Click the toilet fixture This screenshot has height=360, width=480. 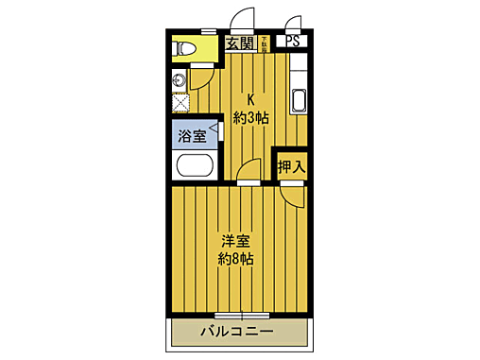click(183, 48)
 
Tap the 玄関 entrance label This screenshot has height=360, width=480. click(239, 42)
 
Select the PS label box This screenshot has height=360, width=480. click(293, 42)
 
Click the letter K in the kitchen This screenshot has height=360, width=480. click(251, 98)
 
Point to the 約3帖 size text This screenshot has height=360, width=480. click(251, 117)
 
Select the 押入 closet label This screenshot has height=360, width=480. click(291, 166)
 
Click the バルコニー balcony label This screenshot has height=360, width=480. click(237, 333)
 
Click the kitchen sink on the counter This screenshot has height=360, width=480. click(299, 100)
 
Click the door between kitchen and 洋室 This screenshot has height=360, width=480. click(248, 173)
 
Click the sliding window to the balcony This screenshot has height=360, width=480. click(240, 314)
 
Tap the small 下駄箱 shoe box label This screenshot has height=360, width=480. click(266, 41)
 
